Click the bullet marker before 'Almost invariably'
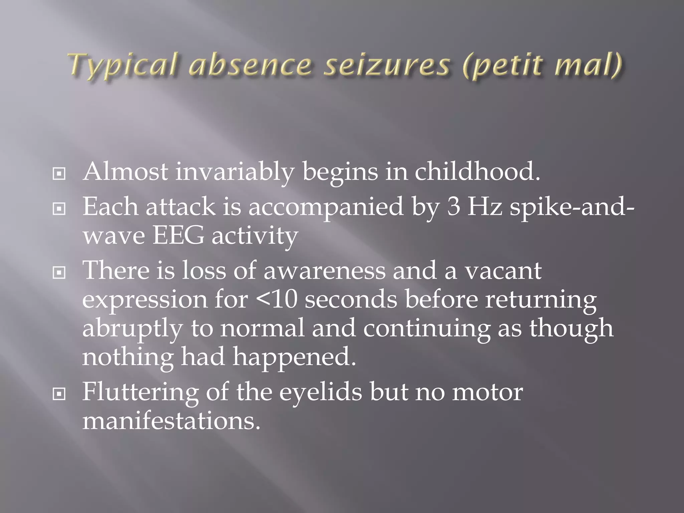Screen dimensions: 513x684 coord(59,174)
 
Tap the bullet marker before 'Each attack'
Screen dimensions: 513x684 coord(59,209)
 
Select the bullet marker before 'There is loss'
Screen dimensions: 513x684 coord(59,273)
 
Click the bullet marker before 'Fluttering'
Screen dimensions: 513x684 coord(59,394)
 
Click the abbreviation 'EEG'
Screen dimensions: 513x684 coord(178,236)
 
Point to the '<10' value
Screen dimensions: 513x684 coord(277,299)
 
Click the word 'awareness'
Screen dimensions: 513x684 coord(324,271)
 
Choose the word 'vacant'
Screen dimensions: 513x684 coord(503,271)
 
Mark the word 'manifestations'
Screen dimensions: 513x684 coord(171,421)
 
